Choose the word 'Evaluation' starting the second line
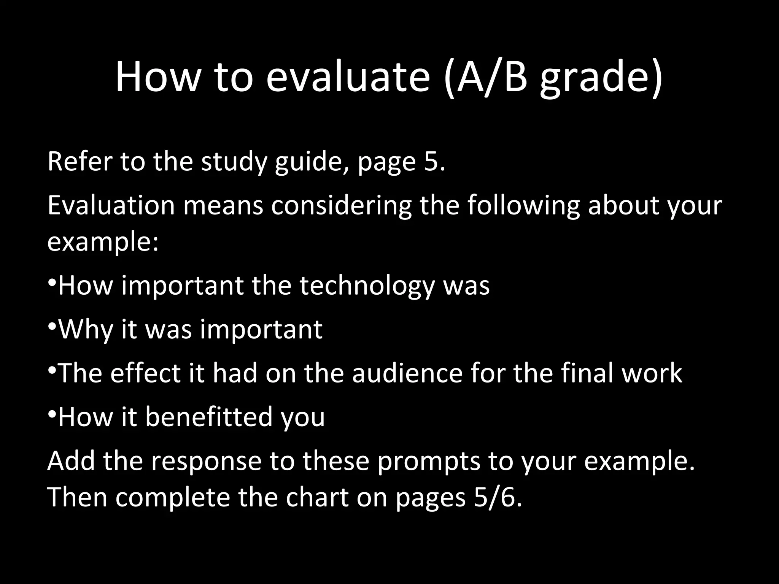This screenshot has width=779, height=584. pyautogui.click(x=111, y=205)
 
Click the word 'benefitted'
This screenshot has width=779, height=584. pyautogui.click(x=209, y=417)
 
